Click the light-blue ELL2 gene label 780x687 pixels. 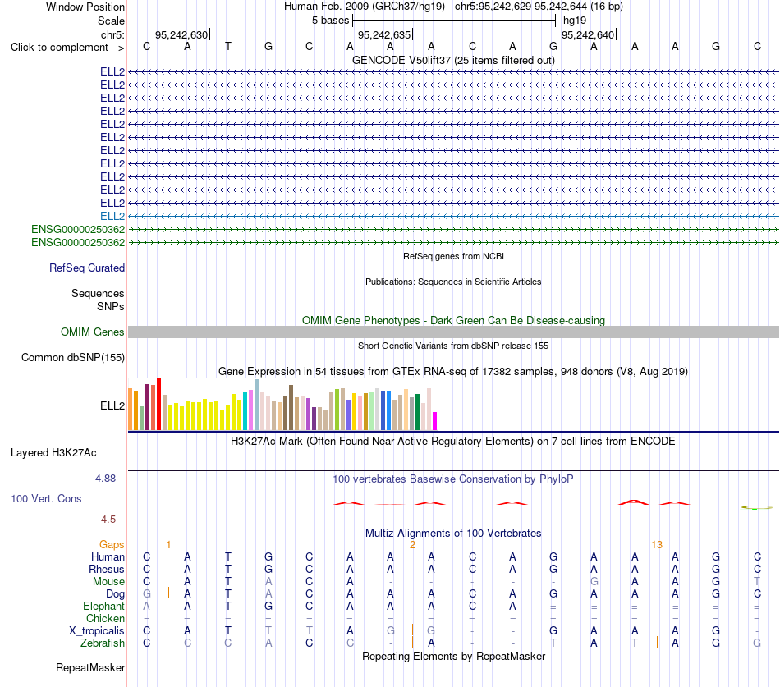point(112,217)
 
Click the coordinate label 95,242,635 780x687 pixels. point(384,34)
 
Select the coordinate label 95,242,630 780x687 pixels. point(181,34)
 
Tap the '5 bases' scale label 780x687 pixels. point(330,21)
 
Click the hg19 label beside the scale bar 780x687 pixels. point(575,21)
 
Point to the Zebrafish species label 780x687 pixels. point(103,643)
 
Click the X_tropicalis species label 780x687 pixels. point(97,631)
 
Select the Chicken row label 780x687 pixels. point(105,618)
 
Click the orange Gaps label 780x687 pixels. point(112,545)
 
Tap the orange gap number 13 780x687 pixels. point(657,545)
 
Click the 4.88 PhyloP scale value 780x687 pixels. point(105,479)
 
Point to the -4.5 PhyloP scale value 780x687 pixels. point(107,520)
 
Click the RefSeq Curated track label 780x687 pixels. point(87,268)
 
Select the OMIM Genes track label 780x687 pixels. point(93,332)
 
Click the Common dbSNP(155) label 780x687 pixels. point(73,358)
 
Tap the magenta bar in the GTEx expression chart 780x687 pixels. point(435,421)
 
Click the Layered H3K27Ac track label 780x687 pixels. point(53,453)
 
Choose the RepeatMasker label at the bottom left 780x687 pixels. point(90,667)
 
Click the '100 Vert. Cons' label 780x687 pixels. point(46,499)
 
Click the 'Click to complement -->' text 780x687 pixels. point(67,48)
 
